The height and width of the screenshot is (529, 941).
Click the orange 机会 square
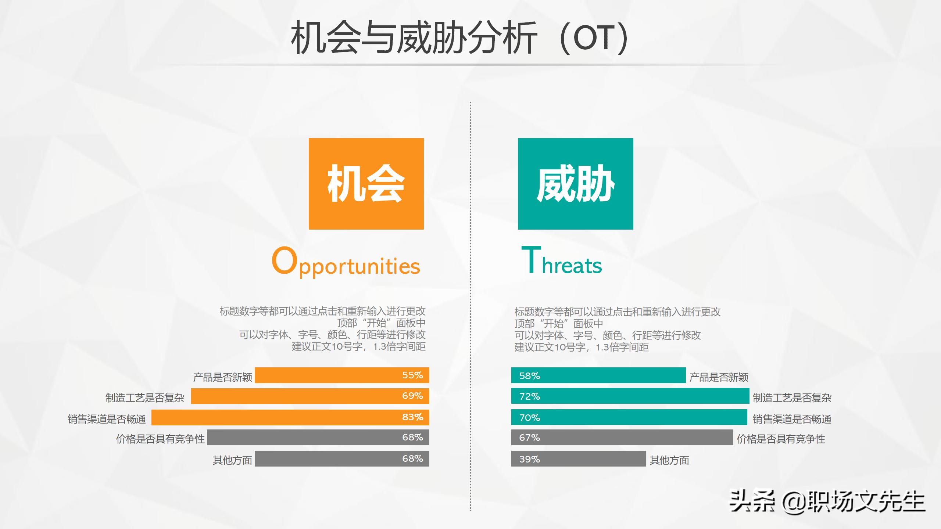click(366, 184)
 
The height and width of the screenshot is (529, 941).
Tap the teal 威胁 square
click(575, 184)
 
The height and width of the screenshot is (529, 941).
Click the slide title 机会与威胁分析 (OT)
click(459, 38)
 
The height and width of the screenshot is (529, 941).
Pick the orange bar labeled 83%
click(290, 417)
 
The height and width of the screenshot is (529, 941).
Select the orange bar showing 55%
click(342, 375)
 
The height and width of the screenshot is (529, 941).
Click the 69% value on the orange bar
click(412, 396)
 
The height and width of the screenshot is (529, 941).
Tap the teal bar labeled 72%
click(630, 396)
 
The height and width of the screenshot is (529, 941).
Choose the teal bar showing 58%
click(598, 375)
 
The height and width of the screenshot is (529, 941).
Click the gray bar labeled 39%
click(579, 459)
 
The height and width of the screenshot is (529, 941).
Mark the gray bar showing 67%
click(622, 438)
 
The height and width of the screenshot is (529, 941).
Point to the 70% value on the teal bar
click(529, 418)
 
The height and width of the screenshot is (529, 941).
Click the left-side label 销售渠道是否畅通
click(107, 419)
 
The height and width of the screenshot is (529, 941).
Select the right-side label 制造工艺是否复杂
click(792, 397)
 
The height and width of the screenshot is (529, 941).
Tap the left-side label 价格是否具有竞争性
click(160, 439)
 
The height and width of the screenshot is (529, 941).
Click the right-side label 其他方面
click(669, 460)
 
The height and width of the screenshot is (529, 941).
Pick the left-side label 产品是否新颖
click(222, 377)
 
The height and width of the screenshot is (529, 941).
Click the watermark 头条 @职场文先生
click(827, 501)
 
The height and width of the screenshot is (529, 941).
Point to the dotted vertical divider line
click(470, 305)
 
